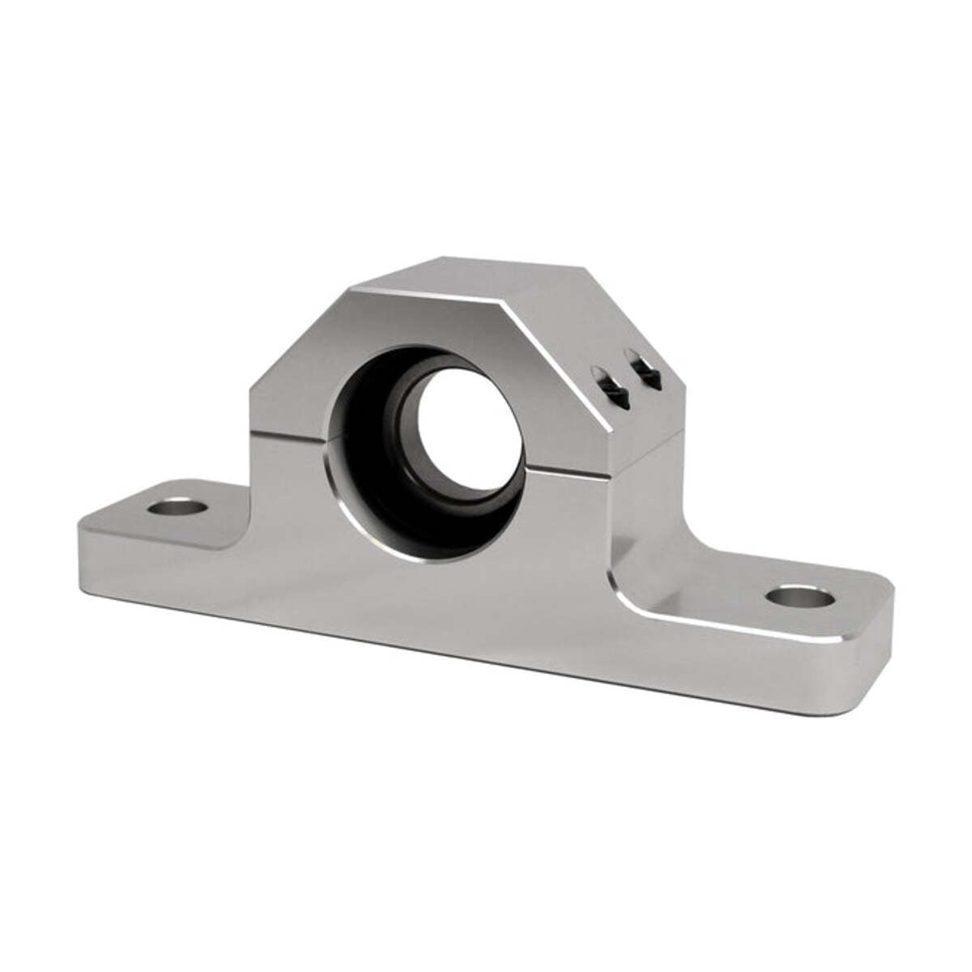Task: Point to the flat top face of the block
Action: tap(494, 279)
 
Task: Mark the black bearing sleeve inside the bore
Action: tap(381, 454)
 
